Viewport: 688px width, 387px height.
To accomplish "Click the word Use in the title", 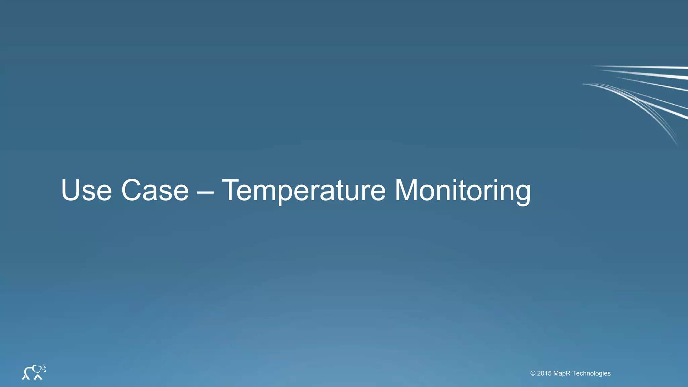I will [86, 190].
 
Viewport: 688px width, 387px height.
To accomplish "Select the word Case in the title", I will [155, 190].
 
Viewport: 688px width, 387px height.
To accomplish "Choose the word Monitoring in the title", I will [462, 191].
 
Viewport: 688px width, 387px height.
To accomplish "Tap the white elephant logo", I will [34, 372].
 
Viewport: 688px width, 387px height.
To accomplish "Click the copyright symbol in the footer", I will [533, 373].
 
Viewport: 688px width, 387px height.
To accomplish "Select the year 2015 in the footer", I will [544, 373].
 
